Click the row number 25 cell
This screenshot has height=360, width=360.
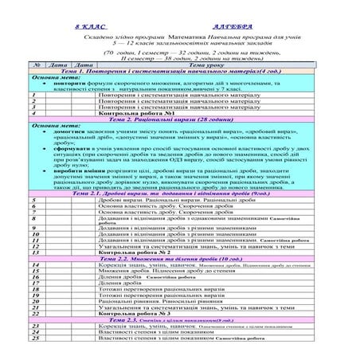click(x=36, y=338)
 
